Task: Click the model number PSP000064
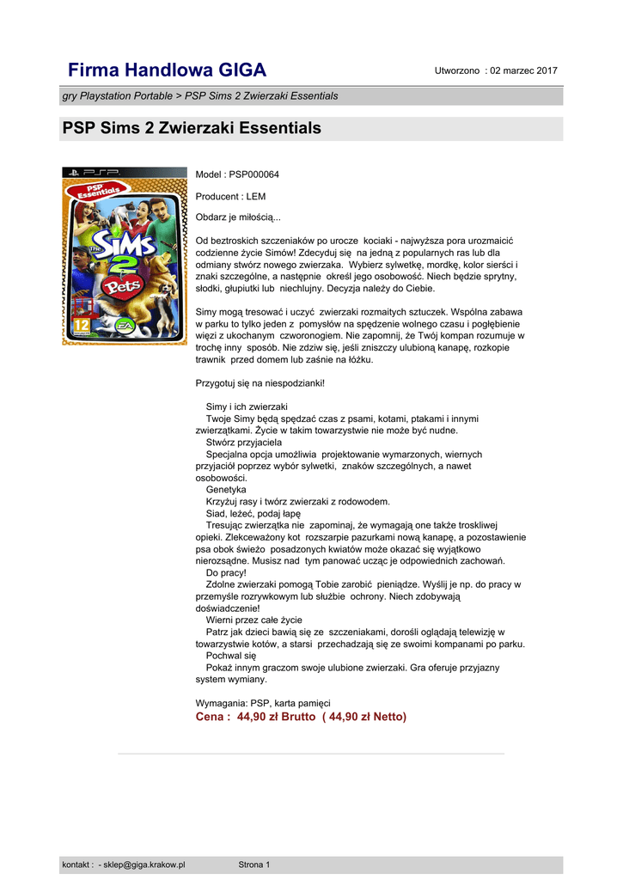click(253, 174)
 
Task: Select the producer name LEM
click(255, 197)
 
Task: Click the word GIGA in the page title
click(240, 70)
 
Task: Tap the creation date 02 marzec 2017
click(523, 70)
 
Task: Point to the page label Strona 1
click(254, 865)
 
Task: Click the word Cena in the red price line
click(211, 717)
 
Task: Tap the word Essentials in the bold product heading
click(277, 129)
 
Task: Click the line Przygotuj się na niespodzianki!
click(260, 382)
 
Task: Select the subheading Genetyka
click(226, 489)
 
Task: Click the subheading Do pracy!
click(226, 571)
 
